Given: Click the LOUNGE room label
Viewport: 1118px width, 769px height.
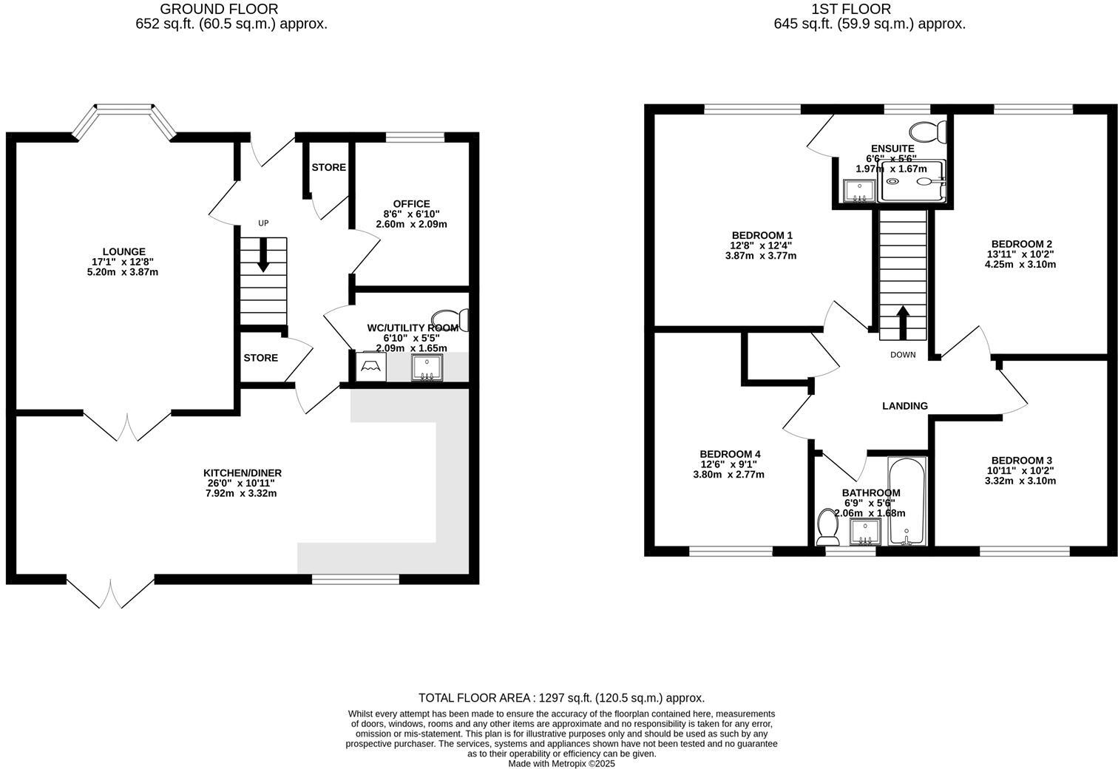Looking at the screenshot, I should coord(123,252).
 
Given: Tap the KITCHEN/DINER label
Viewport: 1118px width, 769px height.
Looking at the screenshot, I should coord(243,473).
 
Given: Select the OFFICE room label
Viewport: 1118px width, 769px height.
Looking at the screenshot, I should coord(411,204).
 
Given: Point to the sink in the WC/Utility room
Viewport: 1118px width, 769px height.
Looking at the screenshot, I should coord(427,367).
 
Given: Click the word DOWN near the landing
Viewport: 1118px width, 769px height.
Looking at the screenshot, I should coord(902,355).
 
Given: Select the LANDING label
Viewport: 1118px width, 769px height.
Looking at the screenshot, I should coord(904,406).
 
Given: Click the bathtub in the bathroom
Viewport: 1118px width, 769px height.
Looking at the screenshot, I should coord(907,502).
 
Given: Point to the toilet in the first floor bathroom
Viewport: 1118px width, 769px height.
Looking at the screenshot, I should coord(827,526).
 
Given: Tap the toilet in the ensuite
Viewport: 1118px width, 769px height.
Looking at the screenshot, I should coord(929,133).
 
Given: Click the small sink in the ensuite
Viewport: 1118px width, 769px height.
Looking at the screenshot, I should coord(858,191).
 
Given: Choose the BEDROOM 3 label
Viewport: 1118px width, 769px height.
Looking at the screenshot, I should coord(1021,460).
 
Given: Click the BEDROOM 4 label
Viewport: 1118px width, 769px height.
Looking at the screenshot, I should coord(729,454).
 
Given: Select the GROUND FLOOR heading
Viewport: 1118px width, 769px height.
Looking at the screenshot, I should coord(219,9).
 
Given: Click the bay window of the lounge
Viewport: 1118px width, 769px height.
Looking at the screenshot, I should coord(124,111).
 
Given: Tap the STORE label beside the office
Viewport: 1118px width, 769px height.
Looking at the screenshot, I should coord(328,168).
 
